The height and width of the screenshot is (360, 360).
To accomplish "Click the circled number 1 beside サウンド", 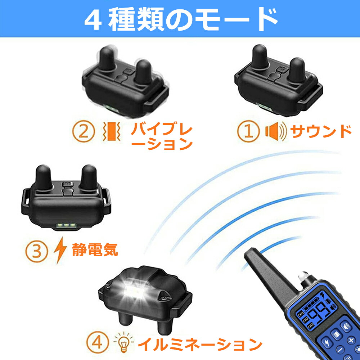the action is [248, 131].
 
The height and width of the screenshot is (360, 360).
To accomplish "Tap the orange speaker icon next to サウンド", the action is [276, 131].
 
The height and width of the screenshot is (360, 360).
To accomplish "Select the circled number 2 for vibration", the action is [84, 132].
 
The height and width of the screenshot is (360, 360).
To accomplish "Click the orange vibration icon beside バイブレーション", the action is [112, 131].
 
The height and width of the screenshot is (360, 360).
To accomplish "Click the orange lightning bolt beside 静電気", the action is [60, 251].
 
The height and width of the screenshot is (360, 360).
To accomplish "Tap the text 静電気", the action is [95, 250].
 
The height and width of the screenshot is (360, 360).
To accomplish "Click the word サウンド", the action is [321, 131].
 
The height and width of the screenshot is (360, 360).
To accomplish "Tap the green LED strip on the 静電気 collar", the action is [66, 226].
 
